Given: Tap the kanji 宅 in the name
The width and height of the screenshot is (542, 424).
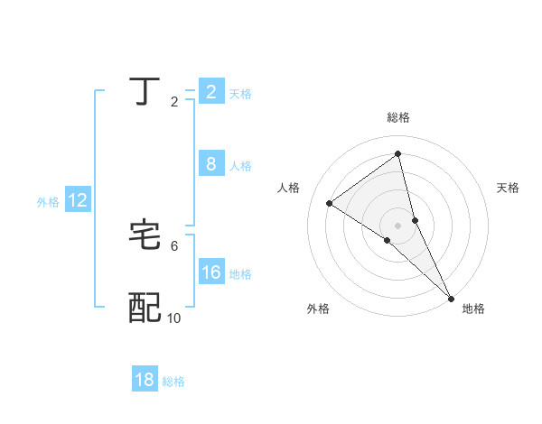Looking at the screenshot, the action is click(145, 235).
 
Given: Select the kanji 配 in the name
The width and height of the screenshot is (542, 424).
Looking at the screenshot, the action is click(145, 308).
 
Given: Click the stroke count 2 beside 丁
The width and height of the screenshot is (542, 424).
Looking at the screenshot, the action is click(174, 102).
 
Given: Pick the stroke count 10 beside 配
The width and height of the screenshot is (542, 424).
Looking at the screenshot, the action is click(174, 318).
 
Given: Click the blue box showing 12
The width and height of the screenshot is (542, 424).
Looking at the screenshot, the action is click(78, 201).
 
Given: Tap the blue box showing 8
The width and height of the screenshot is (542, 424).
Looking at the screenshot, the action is click(210, 164).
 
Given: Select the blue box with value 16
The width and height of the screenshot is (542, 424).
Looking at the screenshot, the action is click(210, 273).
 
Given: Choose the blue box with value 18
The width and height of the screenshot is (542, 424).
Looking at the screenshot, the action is click(145, 380).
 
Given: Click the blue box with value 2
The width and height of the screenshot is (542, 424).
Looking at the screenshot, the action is click(210, 92).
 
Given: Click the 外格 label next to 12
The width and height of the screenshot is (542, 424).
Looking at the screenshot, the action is click(48, 202).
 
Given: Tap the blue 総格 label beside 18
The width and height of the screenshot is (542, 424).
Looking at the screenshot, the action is click(173, 382).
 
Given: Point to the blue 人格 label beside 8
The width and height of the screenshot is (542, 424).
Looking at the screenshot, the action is click(240, 166).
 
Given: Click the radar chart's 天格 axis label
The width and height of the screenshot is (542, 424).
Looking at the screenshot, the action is click(509, 188).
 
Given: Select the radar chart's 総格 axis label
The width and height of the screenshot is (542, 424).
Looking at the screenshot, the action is click(398, 117).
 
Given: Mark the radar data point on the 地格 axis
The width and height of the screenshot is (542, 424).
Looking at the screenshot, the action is click(451, 298).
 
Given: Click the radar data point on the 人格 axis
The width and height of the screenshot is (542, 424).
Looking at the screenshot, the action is click(330, 203).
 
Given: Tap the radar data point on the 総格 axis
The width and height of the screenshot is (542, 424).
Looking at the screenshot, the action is click(398, 154).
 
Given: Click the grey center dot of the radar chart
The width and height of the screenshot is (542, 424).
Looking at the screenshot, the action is click(397, 225).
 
